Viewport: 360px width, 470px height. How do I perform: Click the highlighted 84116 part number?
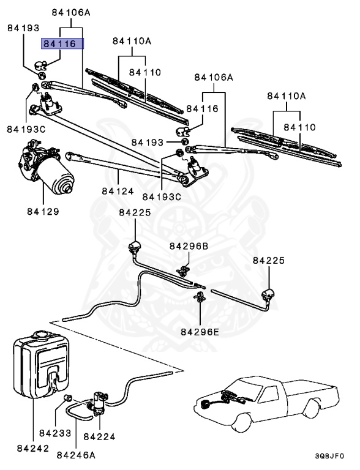[x=62, y=44]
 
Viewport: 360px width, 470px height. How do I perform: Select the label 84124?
[x=118, y=191]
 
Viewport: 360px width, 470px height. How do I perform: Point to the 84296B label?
[x=189, y=246]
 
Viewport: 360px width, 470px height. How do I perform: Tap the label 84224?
[x=99, y=436]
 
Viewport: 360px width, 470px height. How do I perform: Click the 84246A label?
[x=76, y=455]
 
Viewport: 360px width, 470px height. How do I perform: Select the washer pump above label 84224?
[x=98, y=402]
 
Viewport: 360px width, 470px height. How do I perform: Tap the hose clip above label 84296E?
[x=200, y=297]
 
